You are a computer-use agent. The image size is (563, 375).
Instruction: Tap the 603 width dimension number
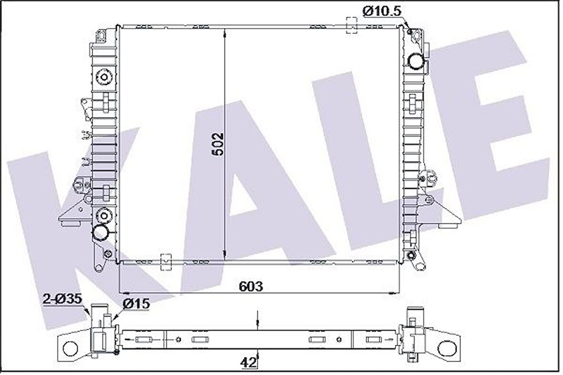coord(251,286)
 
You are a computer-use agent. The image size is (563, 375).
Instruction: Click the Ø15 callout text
coord(136,302)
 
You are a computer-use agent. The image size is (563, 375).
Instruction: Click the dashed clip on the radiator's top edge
coord(351,26)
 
